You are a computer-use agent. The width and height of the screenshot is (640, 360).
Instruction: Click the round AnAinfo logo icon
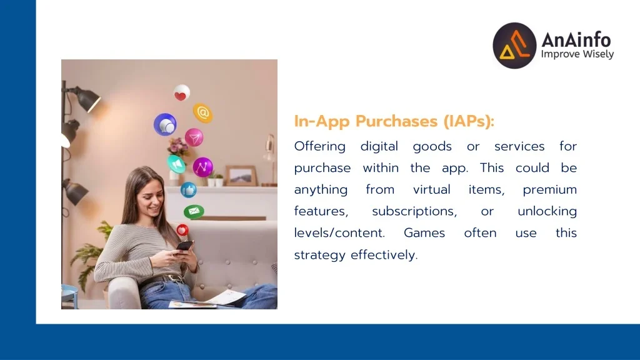pyautogui.click(x=514, y=45)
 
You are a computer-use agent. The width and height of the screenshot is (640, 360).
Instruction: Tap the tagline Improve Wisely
pyautogui.click(x=577, y=54)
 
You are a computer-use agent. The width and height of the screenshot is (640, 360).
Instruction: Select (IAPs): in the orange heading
pyautogui.click(x=469, y=121)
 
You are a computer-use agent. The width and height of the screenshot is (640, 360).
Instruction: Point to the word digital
pyautogui.click(x=379, y=146)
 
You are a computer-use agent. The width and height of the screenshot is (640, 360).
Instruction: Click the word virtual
pyautogui.click(x=431, y=189)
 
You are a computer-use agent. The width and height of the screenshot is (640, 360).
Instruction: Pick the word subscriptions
pyautogui.click(x=414, y=211)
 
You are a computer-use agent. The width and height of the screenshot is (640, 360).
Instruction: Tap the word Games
pyautogui.click(x=424, y=233)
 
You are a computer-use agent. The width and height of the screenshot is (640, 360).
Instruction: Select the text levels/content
pyautogui.click(x=339, y=233)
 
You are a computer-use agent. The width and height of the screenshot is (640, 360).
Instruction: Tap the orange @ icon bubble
pyautogui.click(x=203, y=112)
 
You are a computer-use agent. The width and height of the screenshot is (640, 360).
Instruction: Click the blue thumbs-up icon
pyautogui.click(x=189, y=190)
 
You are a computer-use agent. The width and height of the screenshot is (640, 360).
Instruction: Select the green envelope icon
pyautogui.click(x=194, y=211)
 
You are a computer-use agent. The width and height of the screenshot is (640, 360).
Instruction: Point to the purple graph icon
pyautogui.click(x=203, y=167)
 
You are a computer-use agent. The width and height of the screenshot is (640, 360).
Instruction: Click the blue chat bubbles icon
pyautogui.click(x=165, y=124)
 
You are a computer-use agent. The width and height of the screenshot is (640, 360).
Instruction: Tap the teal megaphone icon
pyautogui.click(x=176, y=164)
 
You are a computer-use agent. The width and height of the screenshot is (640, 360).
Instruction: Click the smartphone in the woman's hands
pyautogui.click(x=184, y=246)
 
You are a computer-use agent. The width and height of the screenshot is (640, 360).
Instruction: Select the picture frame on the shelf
pyautogui.click(x=241, y=176)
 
